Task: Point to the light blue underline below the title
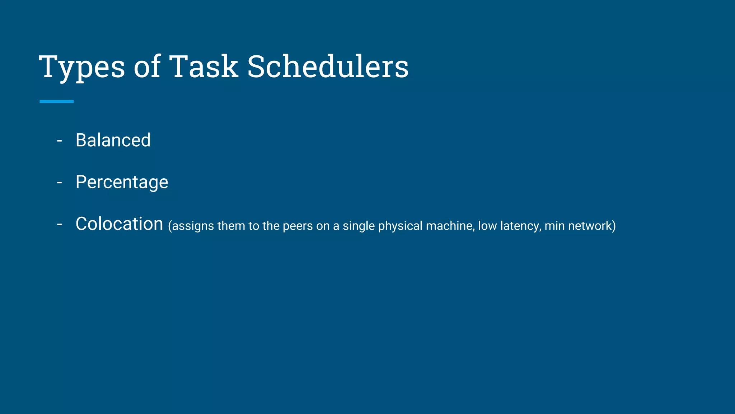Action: pos(57,102)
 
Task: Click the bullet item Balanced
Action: pos(113,140)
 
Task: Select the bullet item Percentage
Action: pos(122,182)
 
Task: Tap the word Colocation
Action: pos(120,224)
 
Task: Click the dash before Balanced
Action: pos(60,141)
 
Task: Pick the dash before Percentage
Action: pos(60,183)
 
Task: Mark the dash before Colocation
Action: pos(60,224)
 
